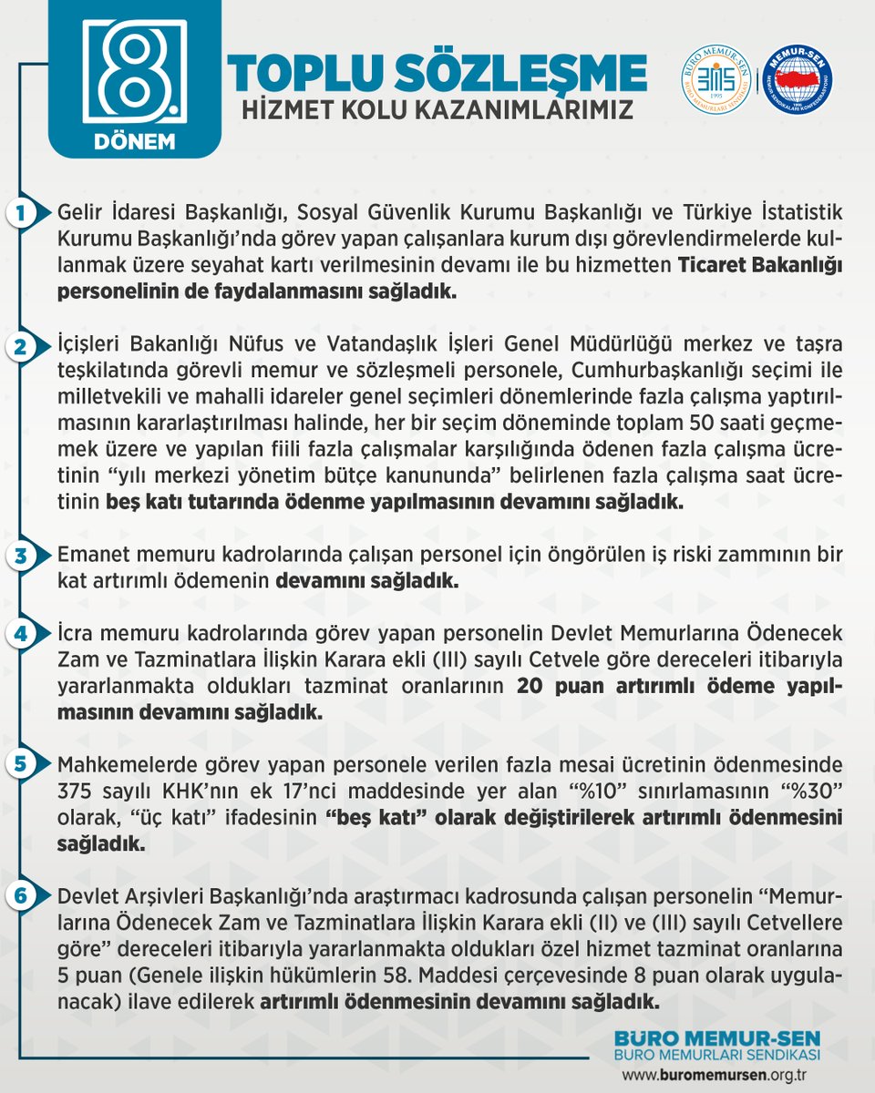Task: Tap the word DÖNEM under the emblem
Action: click(x=134, y=142)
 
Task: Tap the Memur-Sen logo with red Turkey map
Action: click(x=797, y=80)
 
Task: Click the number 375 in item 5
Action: click(x=77, y=789)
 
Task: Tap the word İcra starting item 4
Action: click(x=74, y=633)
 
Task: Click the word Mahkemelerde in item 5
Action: click(x=116, y=764)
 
